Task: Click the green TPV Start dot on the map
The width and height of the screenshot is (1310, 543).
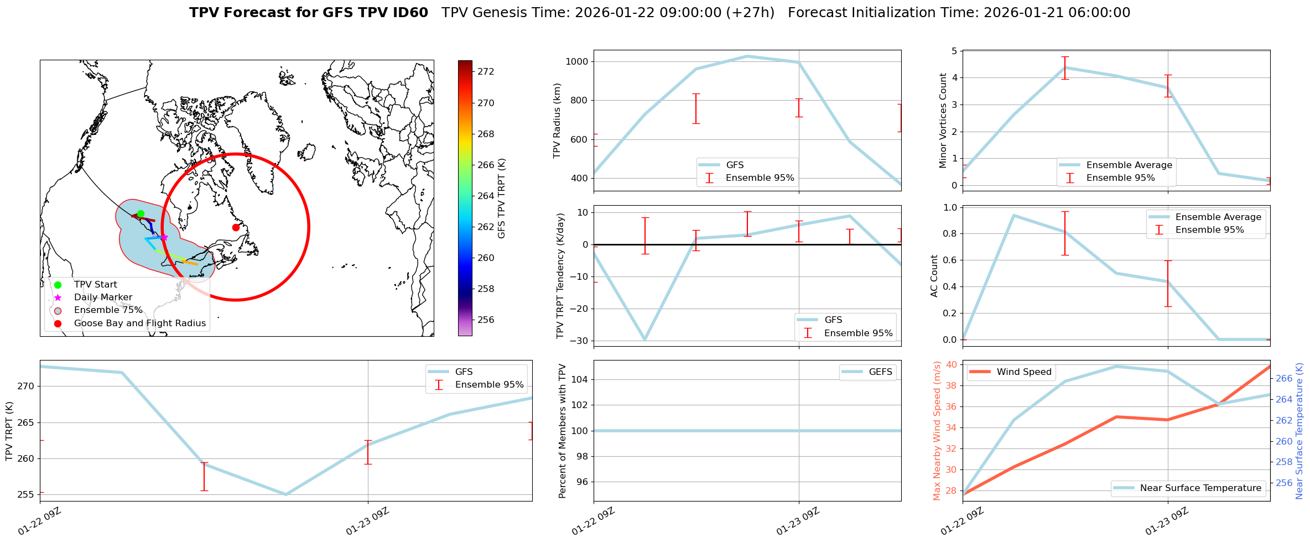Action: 141,214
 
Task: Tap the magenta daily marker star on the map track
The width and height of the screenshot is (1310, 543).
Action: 164,237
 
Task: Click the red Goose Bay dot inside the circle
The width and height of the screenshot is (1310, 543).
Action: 236,227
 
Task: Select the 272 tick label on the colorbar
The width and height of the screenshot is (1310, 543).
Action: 486,72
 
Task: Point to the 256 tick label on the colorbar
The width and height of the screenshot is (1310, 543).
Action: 486,320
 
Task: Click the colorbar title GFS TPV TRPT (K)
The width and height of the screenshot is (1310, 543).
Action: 502,199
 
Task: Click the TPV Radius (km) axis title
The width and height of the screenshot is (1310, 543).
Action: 557,121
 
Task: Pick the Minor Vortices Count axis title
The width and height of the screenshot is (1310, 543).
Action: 943,121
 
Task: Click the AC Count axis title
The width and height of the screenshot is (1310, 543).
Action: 934,276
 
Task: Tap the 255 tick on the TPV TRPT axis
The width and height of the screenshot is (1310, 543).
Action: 25,495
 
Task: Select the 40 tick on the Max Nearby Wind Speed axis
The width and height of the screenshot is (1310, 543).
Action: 951,364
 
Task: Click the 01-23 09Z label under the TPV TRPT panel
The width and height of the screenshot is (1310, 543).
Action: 367,521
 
